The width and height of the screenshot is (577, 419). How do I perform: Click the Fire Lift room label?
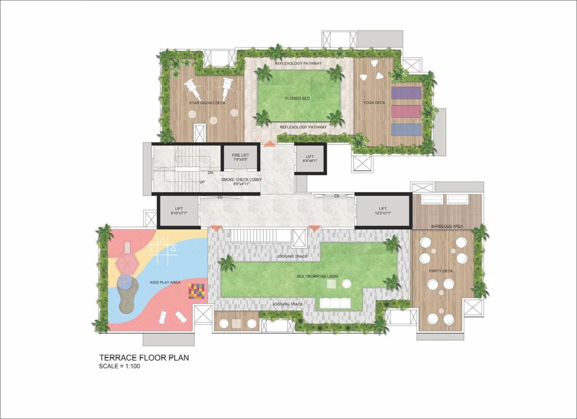click(240, 155)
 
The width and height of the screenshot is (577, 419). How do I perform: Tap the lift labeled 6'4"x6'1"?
click(310, 159)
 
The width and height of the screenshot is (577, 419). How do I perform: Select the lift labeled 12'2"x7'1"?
click(383, 211)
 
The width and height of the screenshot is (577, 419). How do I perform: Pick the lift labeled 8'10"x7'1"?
click(179, 211)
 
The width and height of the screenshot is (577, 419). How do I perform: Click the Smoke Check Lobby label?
click(241, 180)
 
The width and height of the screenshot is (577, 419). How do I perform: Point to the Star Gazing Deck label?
click(208, 103)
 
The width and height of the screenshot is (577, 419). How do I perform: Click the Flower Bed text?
click(297, 98)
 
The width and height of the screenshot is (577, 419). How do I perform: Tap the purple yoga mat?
click(406, 93)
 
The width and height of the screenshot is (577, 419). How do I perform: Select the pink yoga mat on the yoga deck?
click(406, 111)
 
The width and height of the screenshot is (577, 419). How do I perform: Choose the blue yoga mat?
click(406, 129)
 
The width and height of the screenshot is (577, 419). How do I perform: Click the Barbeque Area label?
click(447, 226)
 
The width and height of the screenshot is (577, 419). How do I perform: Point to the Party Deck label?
click(441, 271)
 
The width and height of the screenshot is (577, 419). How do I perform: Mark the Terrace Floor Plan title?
click(144, 357)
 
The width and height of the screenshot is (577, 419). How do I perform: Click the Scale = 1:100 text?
click(120, 366)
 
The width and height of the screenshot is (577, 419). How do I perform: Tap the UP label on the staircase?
click(202, 182)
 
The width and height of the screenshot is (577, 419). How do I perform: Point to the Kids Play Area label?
click(165, 282)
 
